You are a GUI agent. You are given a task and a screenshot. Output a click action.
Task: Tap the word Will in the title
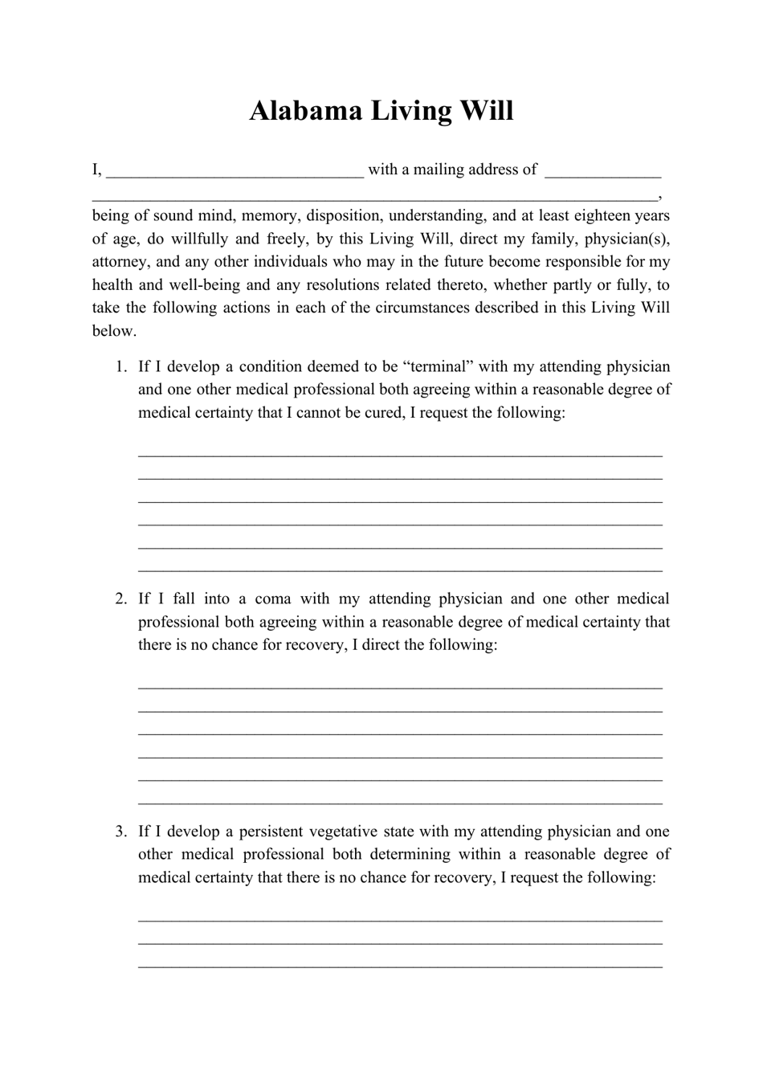point(486,111)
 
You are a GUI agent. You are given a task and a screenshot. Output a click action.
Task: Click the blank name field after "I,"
point(235,170)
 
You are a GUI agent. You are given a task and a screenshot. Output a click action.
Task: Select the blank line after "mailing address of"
point(602,170)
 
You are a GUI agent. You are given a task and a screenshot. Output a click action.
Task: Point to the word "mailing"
point(426,170)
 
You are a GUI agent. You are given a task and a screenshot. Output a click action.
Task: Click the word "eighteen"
point(593,215)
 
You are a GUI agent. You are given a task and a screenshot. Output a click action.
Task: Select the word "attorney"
point(119,262)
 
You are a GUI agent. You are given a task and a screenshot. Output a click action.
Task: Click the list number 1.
point(120,366)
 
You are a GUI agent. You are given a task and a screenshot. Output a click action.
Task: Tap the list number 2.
point(120,599)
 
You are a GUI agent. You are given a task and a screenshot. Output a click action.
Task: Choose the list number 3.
point(120,832)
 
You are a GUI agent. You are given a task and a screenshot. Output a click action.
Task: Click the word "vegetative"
point(356,832)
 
